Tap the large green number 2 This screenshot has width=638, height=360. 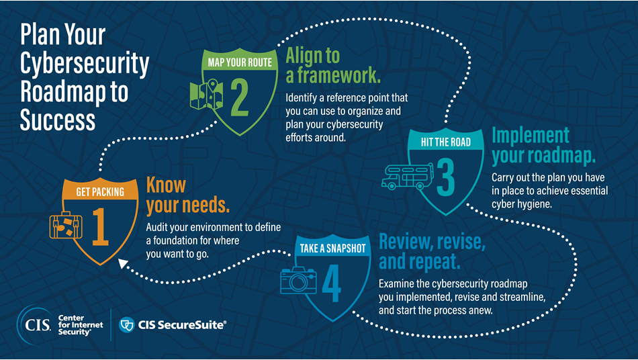click(240, 99)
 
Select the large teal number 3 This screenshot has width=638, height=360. click(445, 176)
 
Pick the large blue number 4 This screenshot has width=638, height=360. click(331, 285)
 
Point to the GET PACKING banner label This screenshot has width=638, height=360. click(100, 192)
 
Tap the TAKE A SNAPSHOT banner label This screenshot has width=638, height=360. click(333, 249)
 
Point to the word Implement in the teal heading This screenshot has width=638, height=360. click(531, 135)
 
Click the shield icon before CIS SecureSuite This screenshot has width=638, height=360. click(126, 324)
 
